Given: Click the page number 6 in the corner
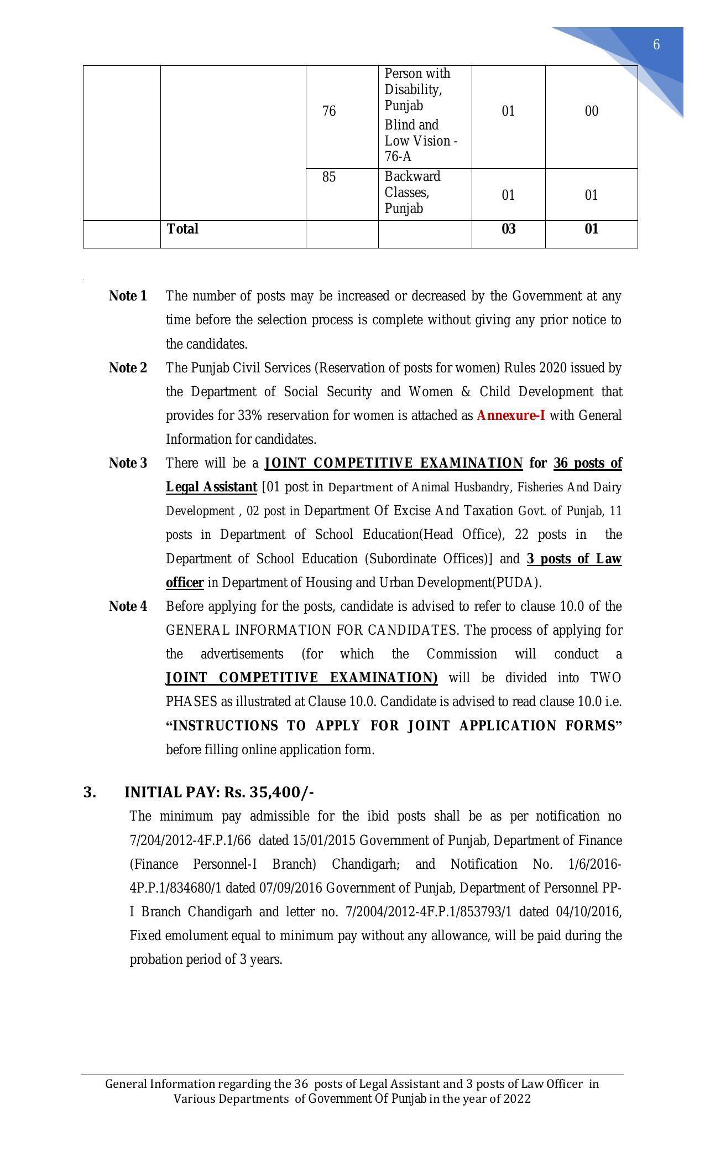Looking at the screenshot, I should coord(656,45).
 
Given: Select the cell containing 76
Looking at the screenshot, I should coord(329,112).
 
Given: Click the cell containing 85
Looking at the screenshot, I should coord(329,177).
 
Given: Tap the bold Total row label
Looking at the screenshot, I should coord(182,229).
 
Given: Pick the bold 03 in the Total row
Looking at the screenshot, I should coord(508,229).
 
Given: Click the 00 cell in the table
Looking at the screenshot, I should coord(591,112).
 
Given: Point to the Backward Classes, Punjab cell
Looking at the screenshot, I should coord(412,193).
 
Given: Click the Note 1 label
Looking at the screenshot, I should coord(128,296).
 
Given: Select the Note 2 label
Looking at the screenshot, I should coord(128,368).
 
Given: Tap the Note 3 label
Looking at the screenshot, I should coord(128,463).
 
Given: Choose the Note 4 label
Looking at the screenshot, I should coord(128,606).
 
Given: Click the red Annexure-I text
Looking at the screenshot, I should coord(510,416).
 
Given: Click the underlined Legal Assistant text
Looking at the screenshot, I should coord(211,487).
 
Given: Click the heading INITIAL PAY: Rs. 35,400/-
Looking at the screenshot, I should coord(219,792).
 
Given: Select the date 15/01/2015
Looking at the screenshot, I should coord(324,841).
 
